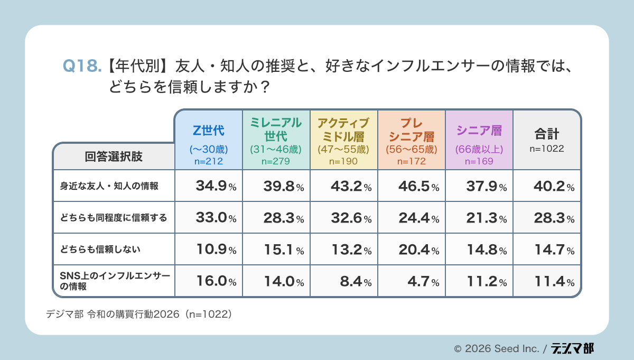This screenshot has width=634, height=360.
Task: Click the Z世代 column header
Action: point(209,140)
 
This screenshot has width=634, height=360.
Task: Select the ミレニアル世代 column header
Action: point(276,140)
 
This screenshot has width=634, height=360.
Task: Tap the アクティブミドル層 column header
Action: point(343,140)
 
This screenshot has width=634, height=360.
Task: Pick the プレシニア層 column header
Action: point(411,140)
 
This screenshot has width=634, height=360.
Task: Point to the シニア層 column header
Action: point(479,140)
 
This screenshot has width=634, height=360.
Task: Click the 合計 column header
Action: point(547,140)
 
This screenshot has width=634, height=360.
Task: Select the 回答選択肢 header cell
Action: point(114,156)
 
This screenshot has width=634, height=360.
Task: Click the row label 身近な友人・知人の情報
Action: point(109,186)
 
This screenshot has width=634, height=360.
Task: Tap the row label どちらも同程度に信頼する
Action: point(113,217)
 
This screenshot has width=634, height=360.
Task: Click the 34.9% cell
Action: point(216,186)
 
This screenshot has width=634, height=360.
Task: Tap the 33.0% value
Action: point(216,217)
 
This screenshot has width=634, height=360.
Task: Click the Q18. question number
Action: point(82,66)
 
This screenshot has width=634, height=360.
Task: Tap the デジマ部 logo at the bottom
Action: point(573,348)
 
